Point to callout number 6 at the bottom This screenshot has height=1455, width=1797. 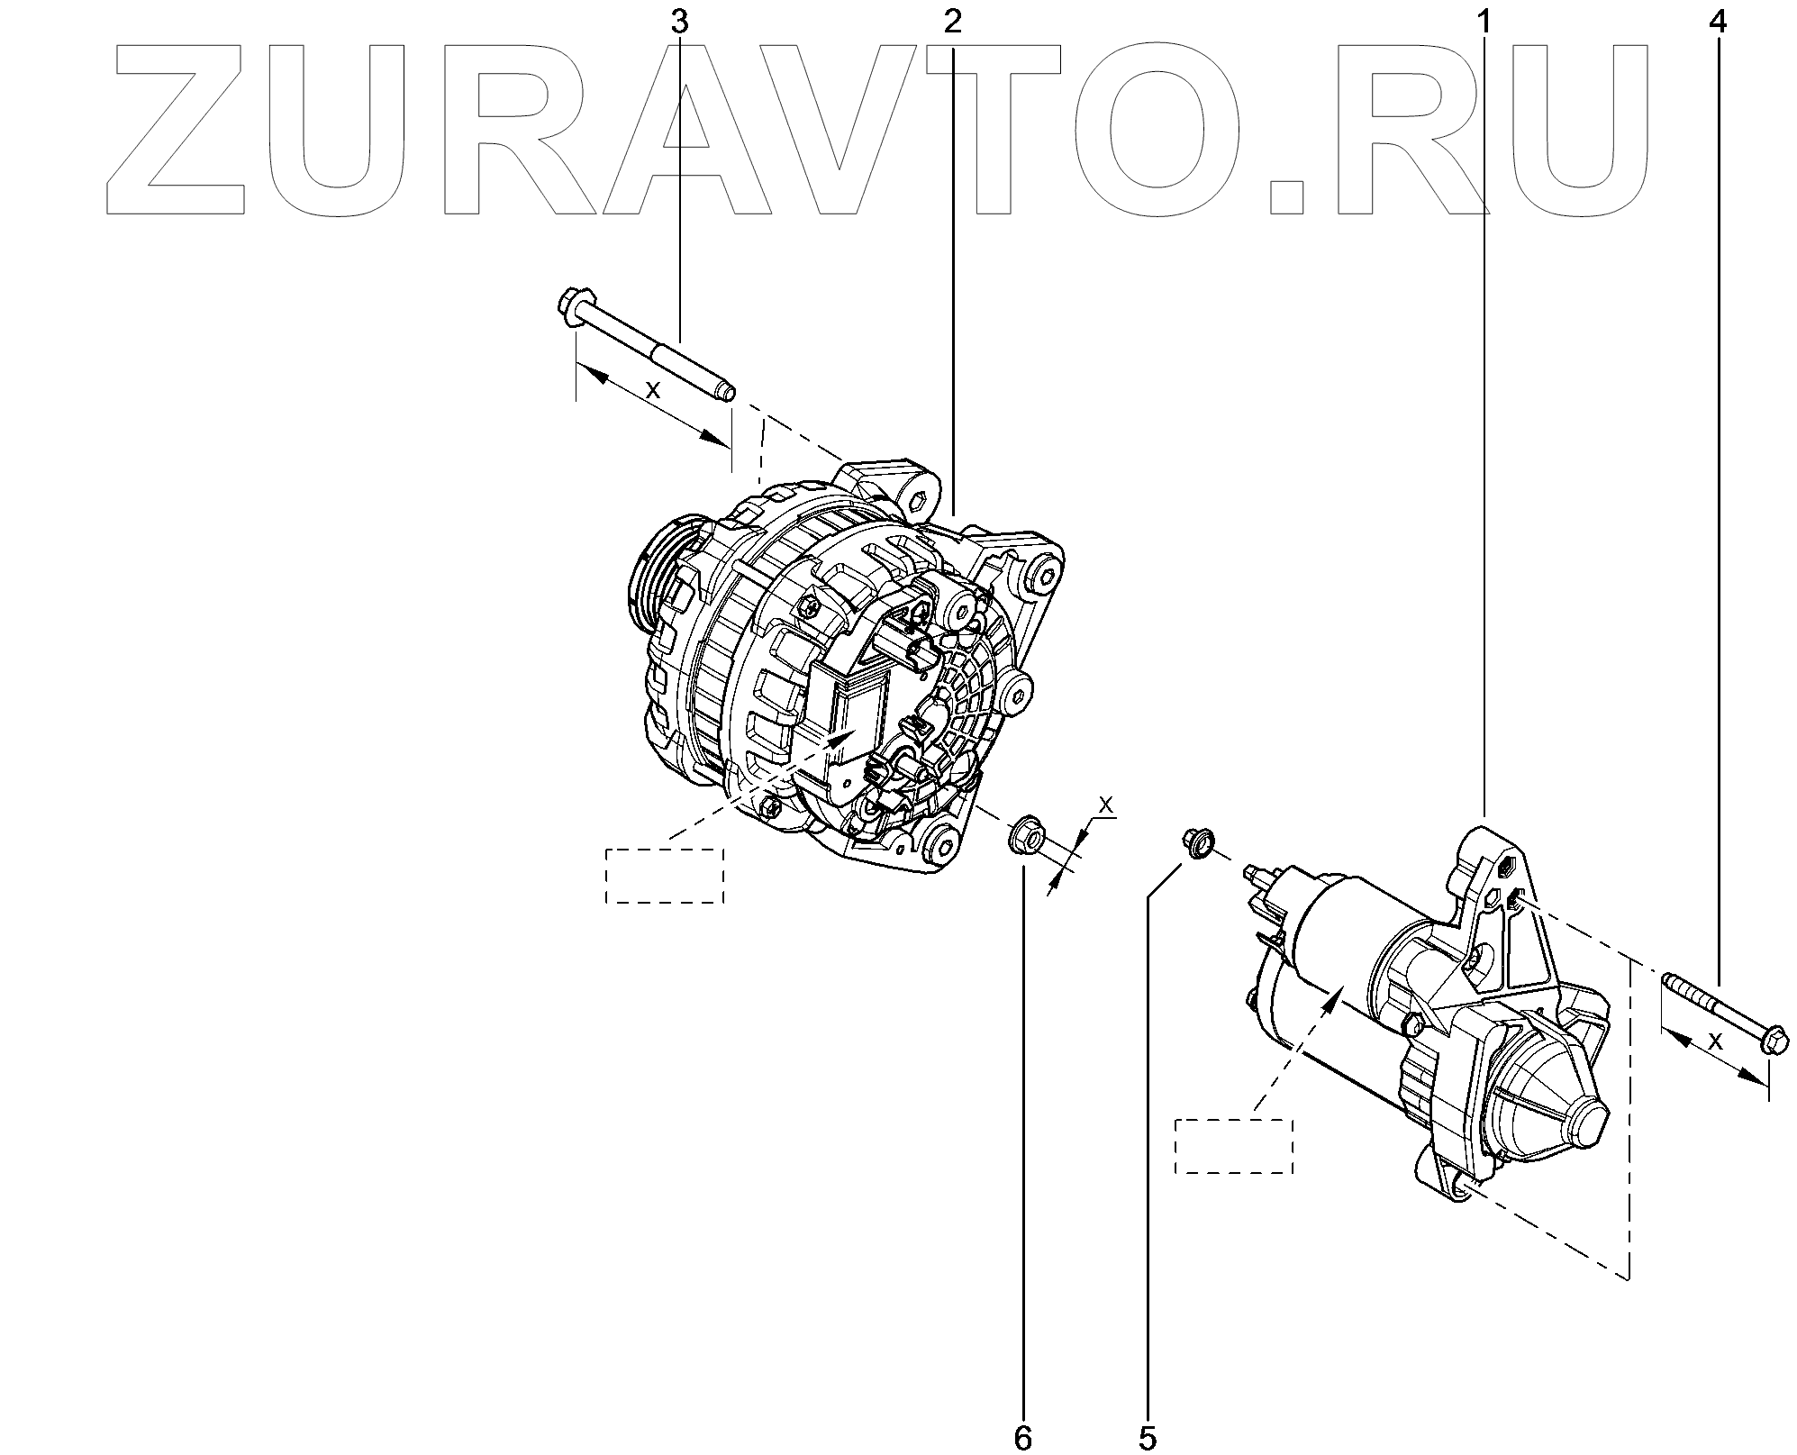pos(1022,1438)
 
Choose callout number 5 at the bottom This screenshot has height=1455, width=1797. pos(1147,1438)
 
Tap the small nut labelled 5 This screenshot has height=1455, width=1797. pos(1196,842)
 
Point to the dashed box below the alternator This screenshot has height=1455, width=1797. pos(665,875)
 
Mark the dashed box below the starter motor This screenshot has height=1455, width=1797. pos(1234,1146)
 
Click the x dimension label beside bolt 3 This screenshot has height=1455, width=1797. pos(655,389)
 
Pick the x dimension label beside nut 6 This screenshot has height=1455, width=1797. pos(1107,802)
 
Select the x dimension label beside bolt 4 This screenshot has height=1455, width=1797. pos(1715,1041)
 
